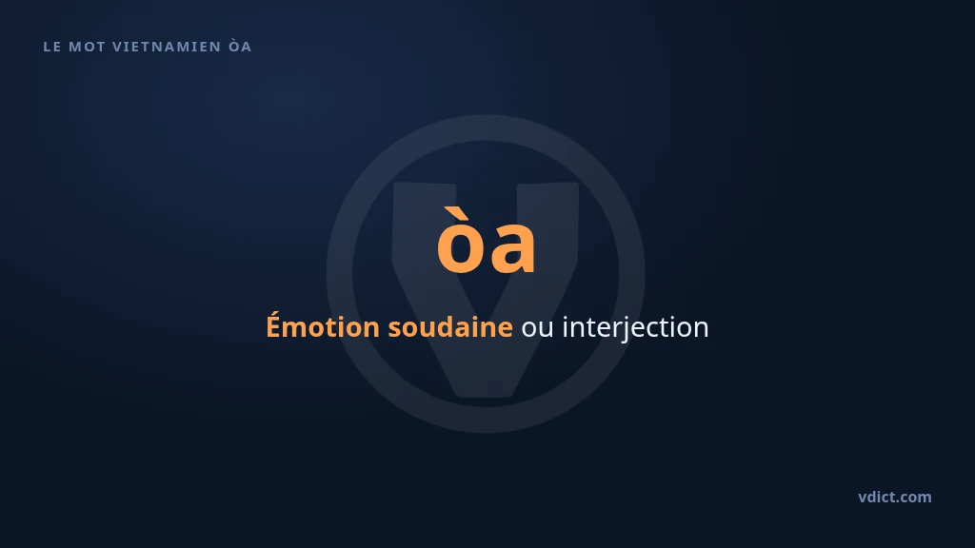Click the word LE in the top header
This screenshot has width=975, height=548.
(52, 47)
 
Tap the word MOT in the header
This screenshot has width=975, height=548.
(87, 47)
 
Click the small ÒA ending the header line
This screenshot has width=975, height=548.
(240, 46)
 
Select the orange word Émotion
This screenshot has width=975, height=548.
(323, 326)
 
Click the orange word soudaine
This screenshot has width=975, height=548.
(450, 326)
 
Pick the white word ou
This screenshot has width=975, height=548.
(537, 328)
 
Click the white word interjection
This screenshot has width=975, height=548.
(635, 327)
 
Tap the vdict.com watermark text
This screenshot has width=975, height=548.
(895, 497)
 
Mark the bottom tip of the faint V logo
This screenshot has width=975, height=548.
(486, 397)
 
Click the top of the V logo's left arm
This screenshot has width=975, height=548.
(424, 184)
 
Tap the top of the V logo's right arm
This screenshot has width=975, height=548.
(547, 184)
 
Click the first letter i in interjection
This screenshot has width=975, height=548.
(566, 327)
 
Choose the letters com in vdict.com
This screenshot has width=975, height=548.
(915, 499)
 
